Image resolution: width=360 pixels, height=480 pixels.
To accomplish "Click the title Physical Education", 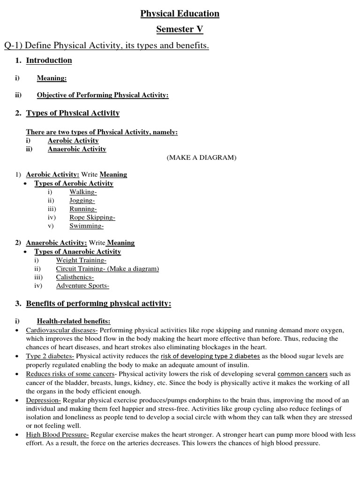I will tap(180, 14).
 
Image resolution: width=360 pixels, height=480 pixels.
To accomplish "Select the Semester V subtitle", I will tap(180, 30).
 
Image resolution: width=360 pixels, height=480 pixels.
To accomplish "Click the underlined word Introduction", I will tap(49, 60).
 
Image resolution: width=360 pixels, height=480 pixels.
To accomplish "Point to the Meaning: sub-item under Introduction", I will tap(52, 78).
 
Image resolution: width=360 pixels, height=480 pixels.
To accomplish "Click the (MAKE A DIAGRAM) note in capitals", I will tap(202, 158).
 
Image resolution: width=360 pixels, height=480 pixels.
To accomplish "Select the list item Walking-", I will tap(82, 192).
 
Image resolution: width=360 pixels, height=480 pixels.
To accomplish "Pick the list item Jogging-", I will tap(82, 200).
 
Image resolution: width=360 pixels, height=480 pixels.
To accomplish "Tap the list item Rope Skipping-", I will tap(92, 217).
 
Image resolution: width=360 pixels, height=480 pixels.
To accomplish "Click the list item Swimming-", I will tap(86, 225).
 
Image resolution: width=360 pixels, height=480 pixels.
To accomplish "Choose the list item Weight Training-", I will tap(81, 260).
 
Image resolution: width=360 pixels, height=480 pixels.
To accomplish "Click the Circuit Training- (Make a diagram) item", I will tap(107, 269).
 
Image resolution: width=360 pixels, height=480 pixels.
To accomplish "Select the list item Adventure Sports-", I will tap(82, 285).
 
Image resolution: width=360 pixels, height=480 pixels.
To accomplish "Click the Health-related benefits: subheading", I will tap(74, 321).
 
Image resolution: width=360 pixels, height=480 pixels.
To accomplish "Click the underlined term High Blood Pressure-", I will tap(57, 435).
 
